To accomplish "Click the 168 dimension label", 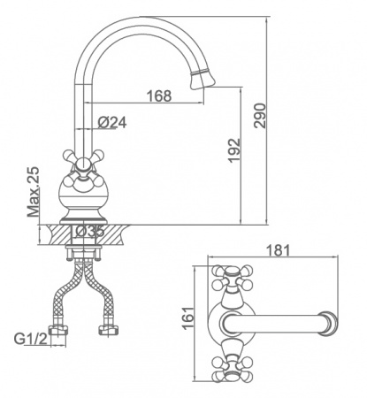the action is [x=159, y=96].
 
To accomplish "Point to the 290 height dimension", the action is [x=260, y=116].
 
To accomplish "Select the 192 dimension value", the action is [x=234, y=150].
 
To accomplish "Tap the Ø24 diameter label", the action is [x=112, y=122].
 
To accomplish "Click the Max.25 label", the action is [x=33, y=192].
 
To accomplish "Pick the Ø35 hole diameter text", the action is [x=90, y=232].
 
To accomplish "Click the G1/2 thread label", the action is [x=31, y=339].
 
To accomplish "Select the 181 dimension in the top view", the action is [x=278, y=250].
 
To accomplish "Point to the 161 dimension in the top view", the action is [x=187, y=318].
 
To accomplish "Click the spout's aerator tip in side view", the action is [x=203, y=79].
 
